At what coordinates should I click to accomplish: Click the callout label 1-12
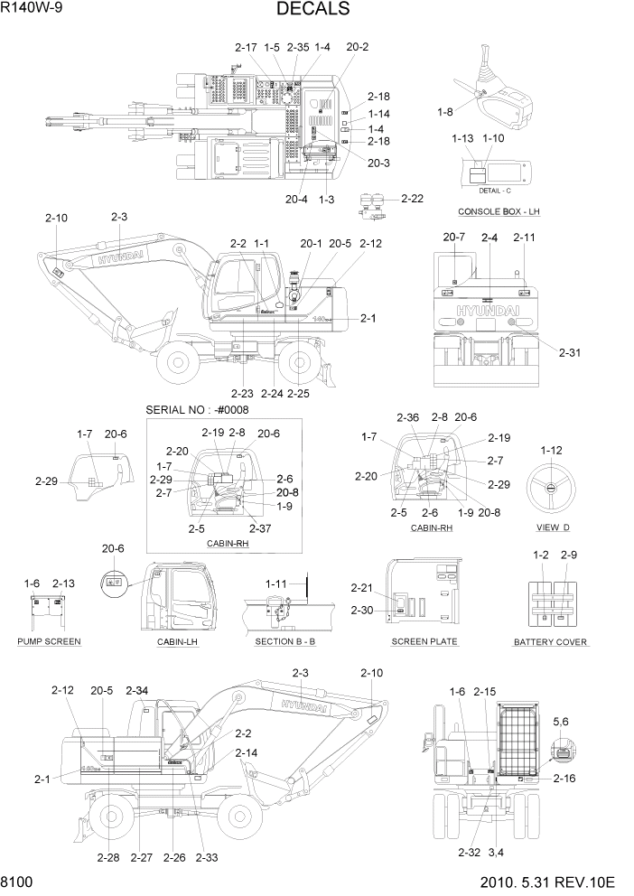click(x=551, y=450)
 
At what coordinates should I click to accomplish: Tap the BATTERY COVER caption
click(x=550, y=642)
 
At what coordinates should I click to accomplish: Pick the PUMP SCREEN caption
click(x=49, y=641)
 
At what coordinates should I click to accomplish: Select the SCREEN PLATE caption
click(x=424, y=641)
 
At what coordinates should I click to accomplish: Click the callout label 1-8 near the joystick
click(x=444, y=112)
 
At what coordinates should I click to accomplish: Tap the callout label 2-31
click(x=570, y=352)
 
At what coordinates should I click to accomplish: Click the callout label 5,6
click(x=561, y=722)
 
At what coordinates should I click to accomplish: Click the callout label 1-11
click(x=276, y=584)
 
